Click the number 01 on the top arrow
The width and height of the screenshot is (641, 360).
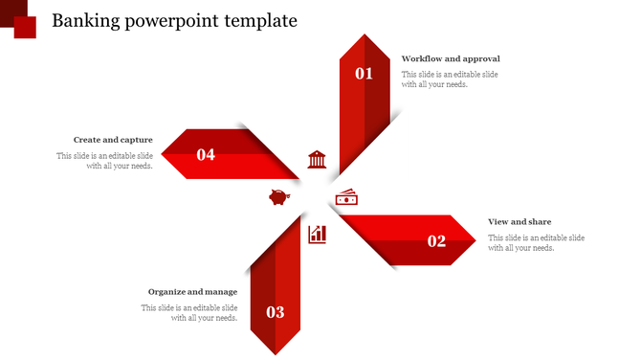coord(365,73)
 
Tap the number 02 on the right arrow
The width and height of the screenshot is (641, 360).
coord(436,241)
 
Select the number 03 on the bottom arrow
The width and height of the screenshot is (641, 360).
coord(276,312)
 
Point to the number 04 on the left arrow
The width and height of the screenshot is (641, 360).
coord(206,154)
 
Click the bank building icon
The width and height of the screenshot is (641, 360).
coord(317,159)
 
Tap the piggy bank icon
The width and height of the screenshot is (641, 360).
coord(279,198)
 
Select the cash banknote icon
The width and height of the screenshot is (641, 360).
coord(346,198)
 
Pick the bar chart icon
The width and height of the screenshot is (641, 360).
coord(318,234)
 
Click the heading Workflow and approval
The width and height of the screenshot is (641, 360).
coord(451,59)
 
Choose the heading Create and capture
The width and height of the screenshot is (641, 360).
coord(113,140)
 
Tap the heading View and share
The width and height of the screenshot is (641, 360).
coord(519,222)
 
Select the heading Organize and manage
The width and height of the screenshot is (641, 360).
coord(192,292)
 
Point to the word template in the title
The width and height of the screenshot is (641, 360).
coord(261,21)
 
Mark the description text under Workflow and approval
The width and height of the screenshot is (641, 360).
coord(450,79)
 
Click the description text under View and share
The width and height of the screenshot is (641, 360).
coord(536,243)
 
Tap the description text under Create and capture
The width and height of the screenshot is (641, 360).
coord(105,161)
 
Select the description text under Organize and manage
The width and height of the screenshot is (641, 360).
coord(190,313)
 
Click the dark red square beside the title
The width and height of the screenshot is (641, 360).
coord(25,27)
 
